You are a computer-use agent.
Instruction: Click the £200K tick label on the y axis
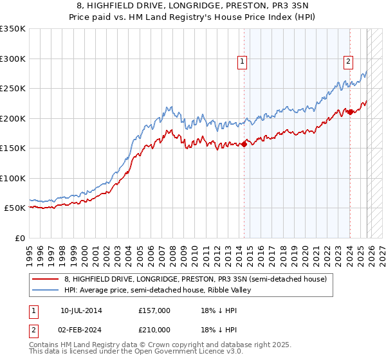point(13,118)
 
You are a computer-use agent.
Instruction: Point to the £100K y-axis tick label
point(13,178)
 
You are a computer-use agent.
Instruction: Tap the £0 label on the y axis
point(19,238)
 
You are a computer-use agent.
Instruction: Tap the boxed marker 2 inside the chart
point(348,62)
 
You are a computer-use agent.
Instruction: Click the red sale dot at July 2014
point(244,144)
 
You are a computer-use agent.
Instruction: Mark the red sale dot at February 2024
point(350,113)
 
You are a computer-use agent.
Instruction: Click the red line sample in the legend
point(46,279)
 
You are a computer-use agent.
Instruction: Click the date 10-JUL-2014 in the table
point(81,310)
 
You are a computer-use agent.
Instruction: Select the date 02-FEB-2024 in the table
point(81,330)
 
